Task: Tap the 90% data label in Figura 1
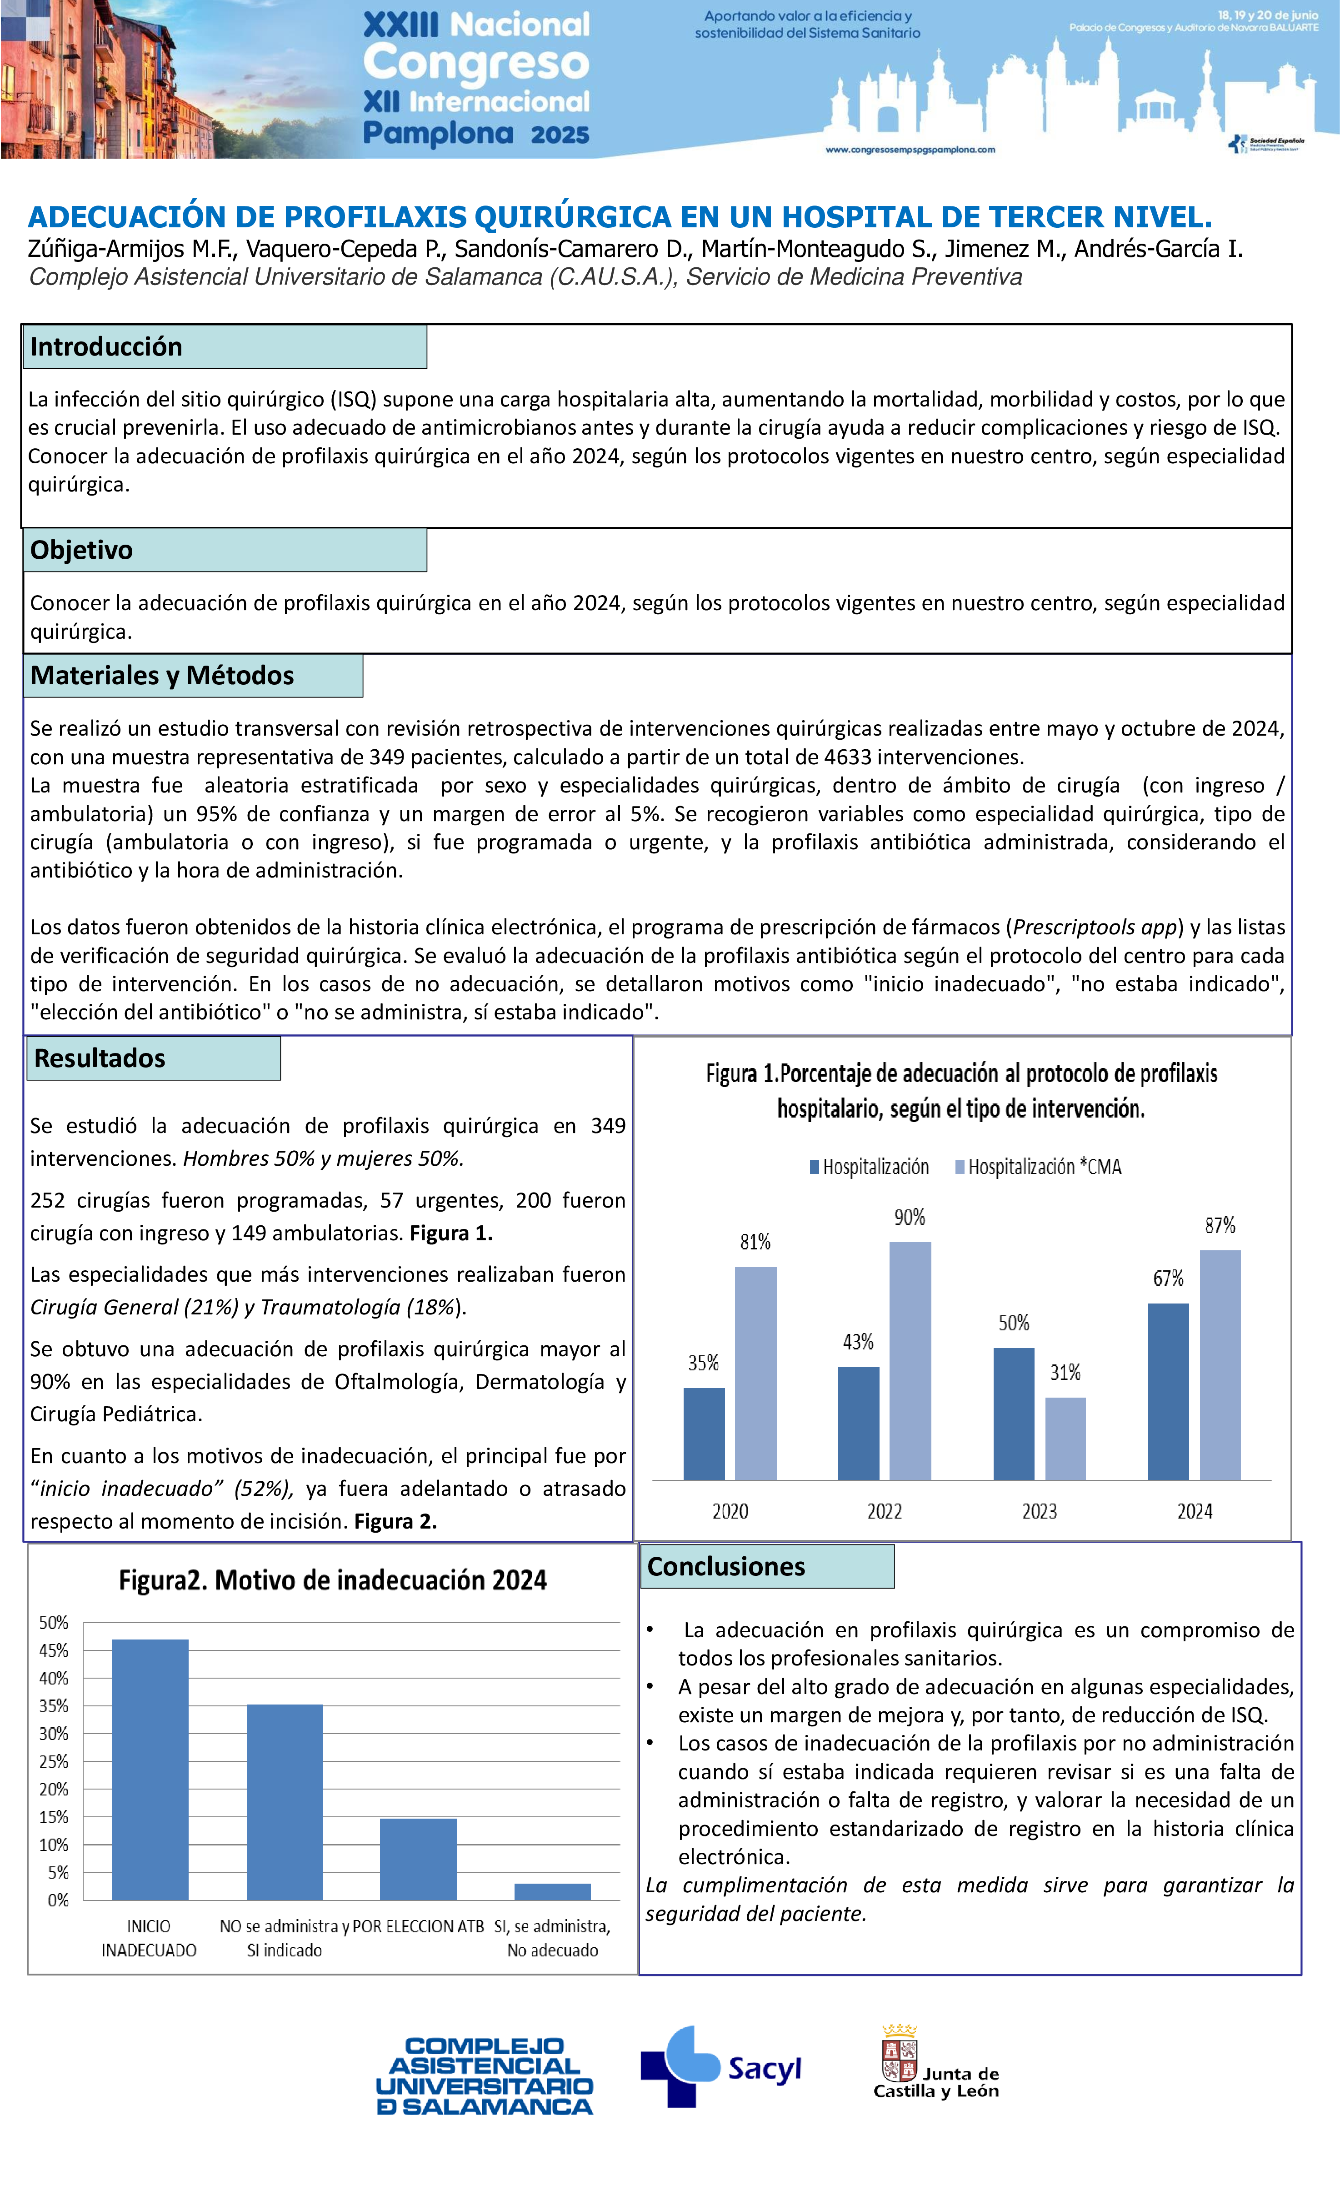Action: [910, 1217]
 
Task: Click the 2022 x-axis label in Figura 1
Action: [885, 1512]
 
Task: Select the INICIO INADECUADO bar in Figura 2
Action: [150, 1770]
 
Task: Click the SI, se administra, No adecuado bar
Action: [552, 1891]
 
